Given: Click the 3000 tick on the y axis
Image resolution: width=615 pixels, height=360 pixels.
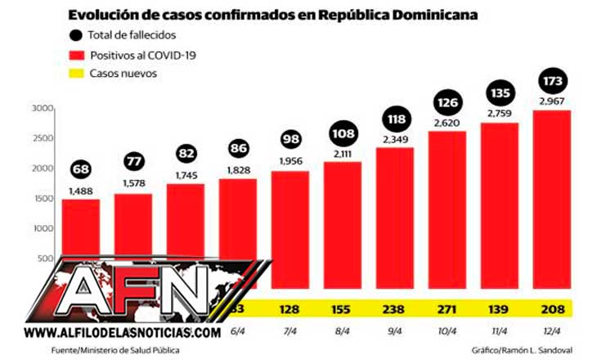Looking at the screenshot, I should pos(43,109).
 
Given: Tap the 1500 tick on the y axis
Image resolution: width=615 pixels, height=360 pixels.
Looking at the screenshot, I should pos(43,199).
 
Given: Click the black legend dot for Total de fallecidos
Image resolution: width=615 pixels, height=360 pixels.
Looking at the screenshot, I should pos(77,34).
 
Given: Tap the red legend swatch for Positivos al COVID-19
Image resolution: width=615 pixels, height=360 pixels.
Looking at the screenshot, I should pos(77,54).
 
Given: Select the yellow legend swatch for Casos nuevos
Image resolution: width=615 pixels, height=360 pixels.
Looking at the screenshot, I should pos(77,74).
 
